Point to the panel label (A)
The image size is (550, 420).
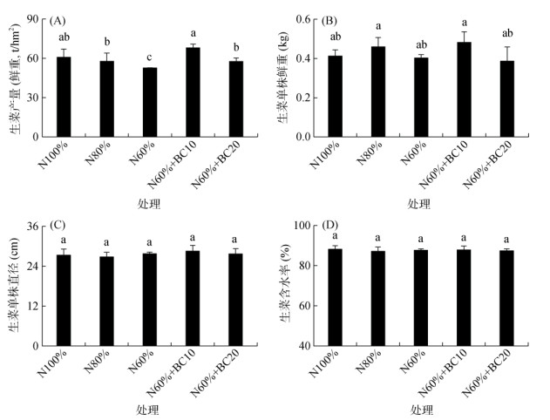pos(59,21)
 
